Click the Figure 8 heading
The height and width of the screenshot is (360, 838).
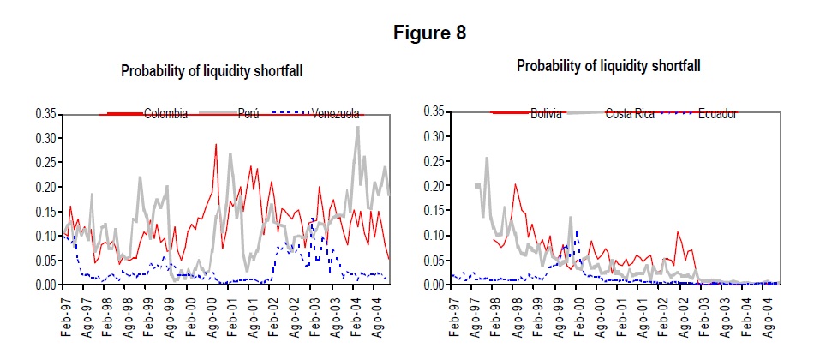click(x=429, y=33)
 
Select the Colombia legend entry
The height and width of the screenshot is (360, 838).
click(x=165, y=114)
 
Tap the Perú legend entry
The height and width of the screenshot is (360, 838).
click(x=247, y=114)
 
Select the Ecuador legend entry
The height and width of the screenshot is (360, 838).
click(x=717, y=113)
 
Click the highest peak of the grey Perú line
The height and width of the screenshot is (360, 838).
click(x=357, y=128)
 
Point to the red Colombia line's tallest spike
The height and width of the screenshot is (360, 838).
click(x=215, y=145)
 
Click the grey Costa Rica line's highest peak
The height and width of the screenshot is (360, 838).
click(x=487, y=159)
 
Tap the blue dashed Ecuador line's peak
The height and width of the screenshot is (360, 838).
click(x=578, y=231)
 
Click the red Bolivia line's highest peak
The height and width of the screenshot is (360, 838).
click(x=515, y=185)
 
